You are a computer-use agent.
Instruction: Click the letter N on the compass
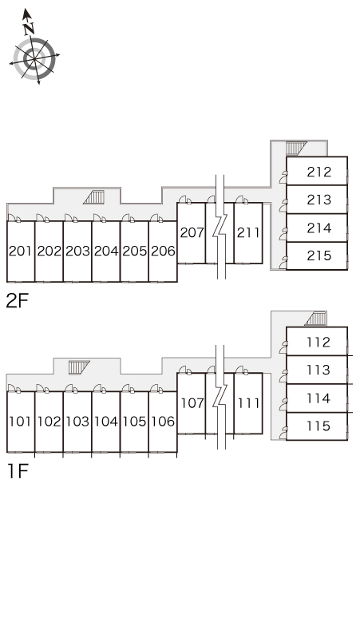pyautogui.click(x=29, y=29)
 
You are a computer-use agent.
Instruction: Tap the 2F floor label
pyautogui.click(x=18, y=301)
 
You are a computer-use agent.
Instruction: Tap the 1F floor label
pyautogui.click(x=18, y=471)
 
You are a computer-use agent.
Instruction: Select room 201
pyautogui.click(x=21, y=251)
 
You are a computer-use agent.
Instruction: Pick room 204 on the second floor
pyautogui.click(x=106, y=251)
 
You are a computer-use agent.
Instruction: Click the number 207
pyautogui.click(x=192, y=232)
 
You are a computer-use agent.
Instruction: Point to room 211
pyautogui.click(x=248, y=233)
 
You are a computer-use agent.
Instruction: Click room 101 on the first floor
pyautogui.click(x=21, y=422)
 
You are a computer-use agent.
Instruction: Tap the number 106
pyautogui.click(x=163, y=422)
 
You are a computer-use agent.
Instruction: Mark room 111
pyautogui.click(x=248, y=403)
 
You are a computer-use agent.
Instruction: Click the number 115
pyautogui.click(x=318, y=426)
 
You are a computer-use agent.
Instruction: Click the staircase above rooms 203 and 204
pyautogui.click(x=93, y=197)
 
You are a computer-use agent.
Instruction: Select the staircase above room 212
pyautogui.click(x=296, y=149)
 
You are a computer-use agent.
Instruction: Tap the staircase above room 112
pyautogui.click(x=315, y=319)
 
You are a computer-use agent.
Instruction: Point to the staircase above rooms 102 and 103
pyautogui.click(x=79, y=367)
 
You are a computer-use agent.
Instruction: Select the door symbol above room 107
pyautogui.click(x=184, y=370)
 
